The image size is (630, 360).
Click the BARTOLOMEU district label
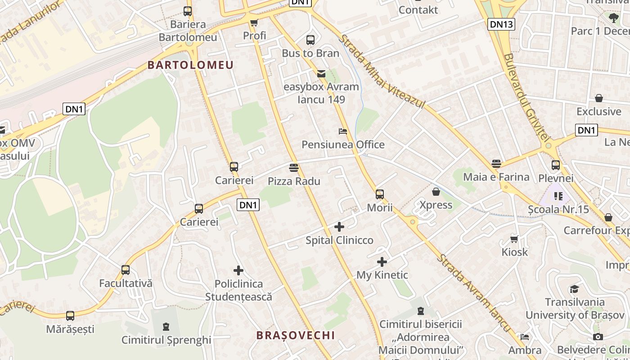pos(191,65)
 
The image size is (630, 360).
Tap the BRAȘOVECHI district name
pos(296,335)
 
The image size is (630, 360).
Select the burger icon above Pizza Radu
pos(294,168)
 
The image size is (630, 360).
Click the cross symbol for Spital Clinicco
pos(339,227)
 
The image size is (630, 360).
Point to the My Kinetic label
pos(382,275)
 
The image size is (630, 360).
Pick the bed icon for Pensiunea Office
pos(343,131)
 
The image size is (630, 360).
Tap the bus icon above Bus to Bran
pos(310,40)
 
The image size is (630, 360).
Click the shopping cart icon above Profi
pos(254,22)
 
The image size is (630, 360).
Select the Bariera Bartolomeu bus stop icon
pos(188,11)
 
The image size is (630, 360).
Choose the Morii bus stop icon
pos(380,194)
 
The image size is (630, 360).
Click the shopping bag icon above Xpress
pos(436,192)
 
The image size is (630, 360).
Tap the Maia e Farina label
pos(496,177)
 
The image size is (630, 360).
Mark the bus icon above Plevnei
pos(556,165)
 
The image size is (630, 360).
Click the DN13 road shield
pos(501,24)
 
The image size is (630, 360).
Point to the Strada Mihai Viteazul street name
pos(382,72)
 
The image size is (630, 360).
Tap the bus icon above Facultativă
pos(126,270)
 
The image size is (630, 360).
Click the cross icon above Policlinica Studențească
pos(238,270)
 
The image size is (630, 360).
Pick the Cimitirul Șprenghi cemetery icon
pos(166,326)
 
